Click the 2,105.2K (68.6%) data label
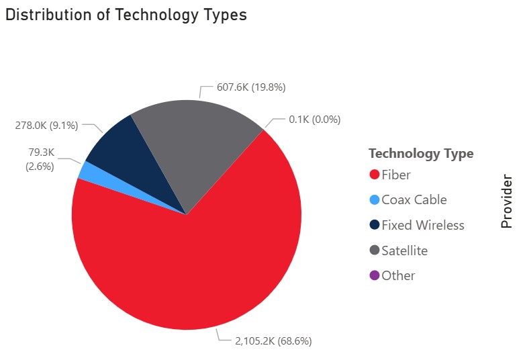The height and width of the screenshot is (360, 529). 273,341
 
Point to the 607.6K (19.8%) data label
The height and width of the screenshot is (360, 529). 252,87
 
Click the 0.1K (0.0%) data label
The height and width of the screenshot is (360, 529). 315,120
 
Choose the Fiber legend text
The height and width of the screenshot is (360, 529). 396,175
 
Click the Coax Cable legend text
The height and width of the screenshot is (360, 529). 414,200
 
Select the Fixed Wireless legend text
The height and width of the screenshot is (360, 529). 422,225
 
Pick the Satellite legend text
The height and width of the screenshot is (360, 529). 404,251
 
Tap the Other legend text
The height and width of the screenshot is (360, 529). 398,275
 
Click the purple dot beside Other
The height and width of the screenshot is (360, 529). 375,275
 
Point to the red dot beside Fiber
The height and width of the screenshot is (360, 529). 375,175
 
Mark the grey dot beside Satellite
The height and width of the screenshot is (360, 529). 375,251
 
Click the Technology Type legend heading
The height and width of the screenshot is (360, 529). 421,153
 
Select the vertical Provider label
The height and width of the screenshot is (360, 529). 507,201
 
